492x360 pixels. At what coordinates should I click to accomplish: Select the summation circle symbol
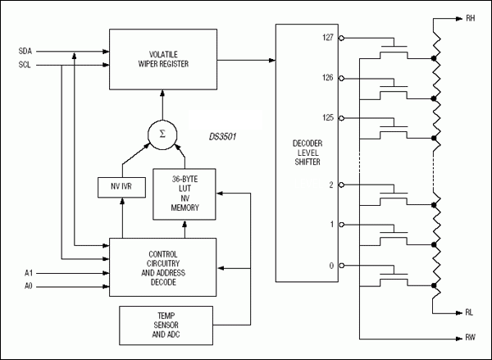[x=162, y=134]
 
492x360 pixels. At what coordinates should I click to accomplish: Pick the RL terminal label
[x=470, y=312]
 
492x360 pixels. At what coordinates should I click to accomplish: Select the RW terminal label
[x=470, y=336]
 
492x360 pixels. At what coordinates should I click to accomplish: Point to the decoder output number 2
[x=330, y=185]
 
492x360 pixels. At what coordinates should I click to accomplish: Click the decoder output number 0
[x=330, y=264]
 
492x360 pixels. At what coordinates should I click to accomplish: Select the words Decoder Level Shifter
[x=307, y=152]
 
